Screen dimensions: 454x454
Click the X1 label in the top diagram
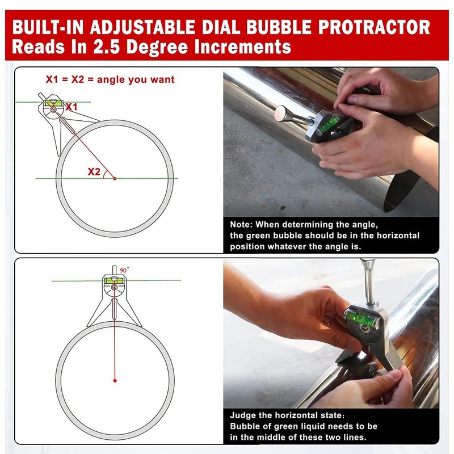(72, 107)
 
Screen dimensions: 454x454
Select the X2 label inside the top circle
(94, 171)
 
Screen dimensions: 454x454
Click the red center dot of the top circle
(114, 178)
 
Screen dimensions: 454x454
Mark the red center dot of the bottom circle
(114, 380)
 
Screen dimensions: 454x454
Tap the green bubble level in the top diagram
(53, 103)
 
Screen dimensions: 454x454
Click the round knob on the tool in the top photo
(279, 115)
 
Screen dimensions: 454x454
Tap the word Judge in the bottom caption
(244, 415)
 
